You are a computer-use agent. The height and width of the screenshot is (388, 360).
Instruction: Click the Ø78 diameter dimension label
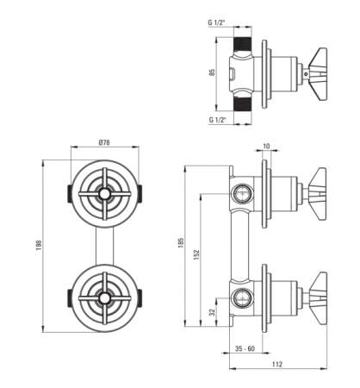(104, 142)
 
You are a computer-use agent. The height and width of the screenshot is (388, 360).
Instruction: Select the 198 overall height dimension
(39, 245)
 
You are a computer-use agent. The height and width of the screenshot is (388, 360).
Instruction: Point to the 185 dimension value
(181, 242)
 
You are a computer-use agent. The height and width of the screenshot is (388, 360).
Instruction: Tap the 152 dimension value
(196, 254)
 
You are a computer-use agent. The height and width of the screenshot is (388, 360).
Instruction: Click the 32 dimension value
(212, 312)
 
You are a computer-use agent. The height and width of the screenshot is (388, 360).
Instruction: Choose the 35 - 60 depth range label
(245, 349)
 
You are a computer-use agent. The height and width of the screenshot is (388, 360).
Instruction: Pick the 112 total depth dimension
(277, 365)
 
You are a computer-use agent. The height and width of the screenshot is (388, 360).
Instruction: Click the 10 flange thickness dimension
(266, 146)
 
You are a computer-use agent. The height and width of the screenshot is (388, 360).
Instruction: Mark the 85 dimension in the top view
(213, 72)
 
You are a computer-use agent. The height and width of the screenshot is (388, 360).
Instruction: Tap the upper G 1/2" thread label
(217, 22)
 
